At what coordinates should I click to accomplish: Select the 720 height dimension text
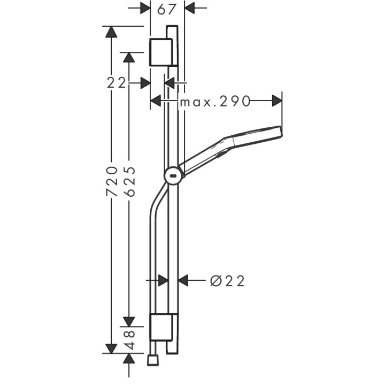(x=111, y=182)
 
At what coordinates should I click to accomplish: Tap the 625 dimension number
(x=129, y=182)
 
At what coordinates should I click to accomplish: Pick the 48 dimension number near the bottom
(x=129, y=338)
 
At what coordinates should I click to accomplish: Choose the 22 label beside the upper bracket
(x=116, y=82)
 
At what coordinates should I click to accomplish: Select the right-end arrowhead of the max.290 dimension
(x=276, y=101)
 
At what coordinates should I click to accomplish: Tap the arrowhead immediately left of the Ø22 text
(x=183, y=280)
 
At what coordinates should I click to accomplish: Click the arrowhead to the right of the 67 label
(x=190, y=9)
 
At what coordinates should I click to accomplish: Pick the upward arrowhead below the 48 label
(x=129, y=359)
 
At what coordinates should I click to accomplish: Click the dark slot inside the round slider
(x=173, y=174)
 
